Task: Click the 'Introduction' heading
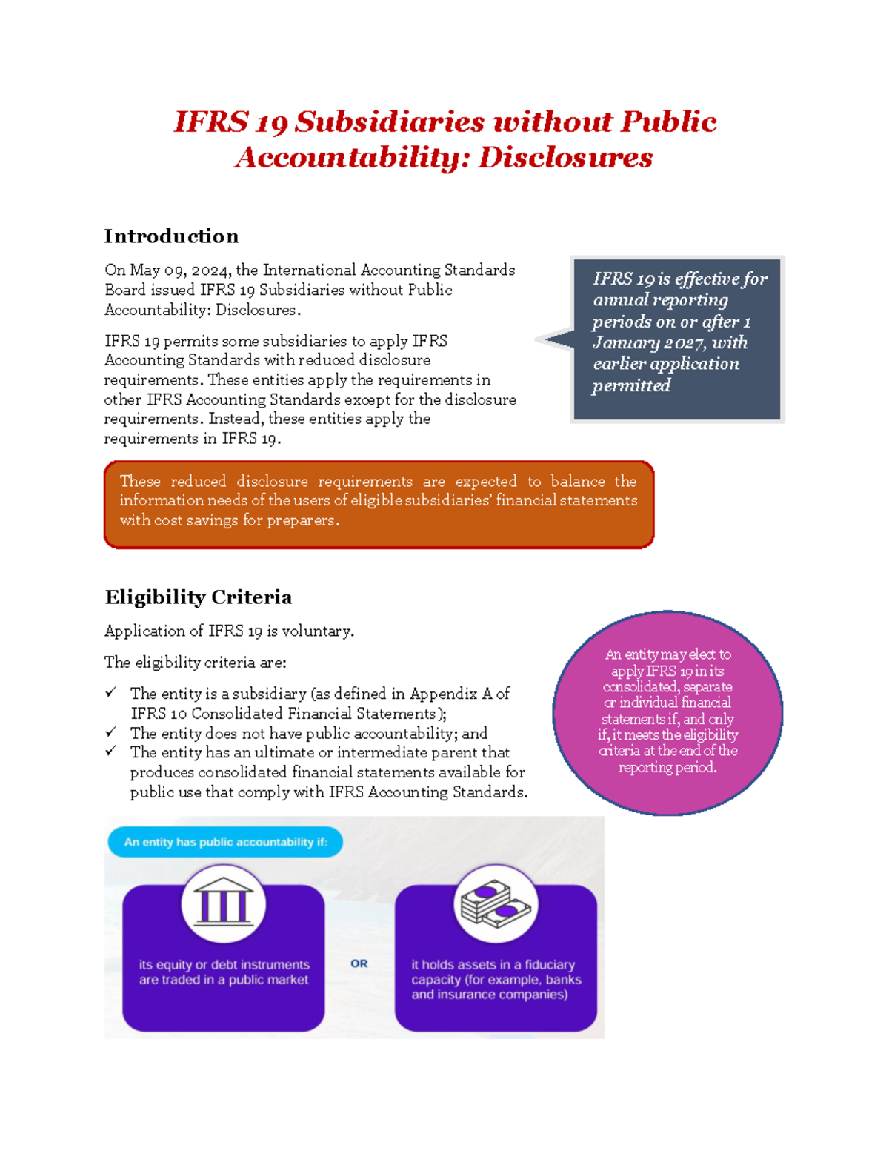(171, 236)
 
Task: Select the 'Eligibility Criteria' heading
(198, 597)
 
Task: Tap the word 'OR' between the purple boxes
(359, 963)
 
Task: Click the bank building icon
(224, 902)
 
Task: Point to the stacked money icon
(496, 903)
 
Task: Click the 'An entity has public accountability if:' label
(225, 842)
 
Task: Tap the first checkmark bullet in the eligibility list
(111, 692)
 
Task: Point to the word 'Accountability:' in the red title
(353, 158)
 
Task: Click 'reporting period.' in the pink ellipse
(667, 768)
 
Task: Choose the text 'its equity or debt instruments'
(224, 964)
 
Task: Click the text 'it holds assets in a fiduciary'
(493, 964)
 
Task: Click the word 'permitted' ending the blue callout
(631, 385)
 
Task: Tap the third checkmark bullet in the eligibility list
(111, 752)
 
